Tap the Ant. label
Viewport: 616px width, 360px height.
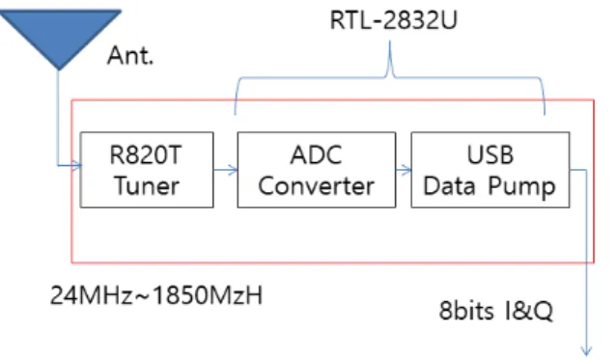tap(130, 55)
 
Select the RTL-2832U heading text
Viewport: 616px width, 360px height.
tap(394, 20)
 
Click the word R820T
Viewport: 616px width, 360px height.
tap(146, 154)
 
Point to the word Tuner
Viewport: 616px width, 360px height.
tap(147, 185)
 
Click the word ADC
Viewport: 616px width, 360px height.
tap(316, 154)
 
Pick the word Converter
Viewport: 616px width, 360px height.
tap(316, 185)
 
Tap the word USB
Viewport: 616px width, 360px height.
tap(490, 154)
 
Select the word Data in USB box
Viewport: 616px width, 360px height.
tap(449, 185)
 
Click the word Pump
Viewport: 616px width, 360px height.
tap(522, 186)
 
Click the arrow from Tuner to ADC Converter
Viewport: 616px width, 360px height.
tap(226, 170)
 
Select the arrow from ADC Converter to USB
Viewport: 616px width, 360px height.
tap(404, 170)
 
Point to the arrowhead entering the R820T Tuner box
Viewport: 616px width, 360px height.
tap(78, 165)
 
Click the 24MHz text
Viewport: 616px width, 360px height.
tap(92, 295)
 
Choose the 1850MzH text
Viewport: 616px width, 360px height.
tap(208, 295)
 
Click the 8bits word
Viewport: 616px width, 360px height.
tap(466, 311)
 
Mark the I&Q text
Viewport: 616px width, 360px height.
tap(529, 311)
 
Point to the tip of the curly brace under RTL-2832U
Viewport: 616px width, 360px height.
tap(390, 42)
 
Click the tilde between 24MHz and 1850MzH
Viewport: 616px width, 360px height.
tap(143, 296)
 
